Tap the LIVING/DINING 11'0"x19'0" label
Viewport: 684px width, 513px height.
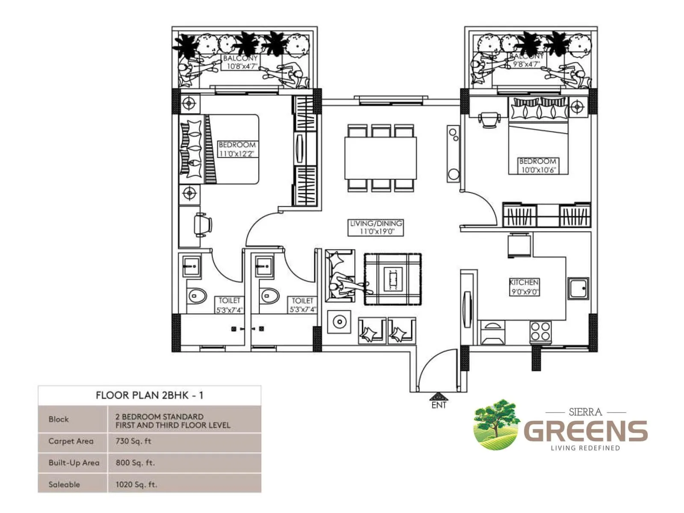376,227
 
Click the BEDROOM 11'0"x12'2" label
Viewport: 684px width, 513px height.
237,149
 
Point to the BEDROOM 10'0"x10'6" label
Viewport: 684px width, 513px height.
537,165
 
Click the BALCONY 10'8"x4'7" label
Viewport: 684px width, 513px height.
241,62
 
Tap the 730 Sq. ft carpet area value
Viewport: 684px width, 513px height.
133,441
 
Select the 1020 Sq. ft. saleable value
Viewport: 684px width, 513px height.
136,484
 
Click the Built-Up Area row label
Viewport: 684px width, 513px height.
74,463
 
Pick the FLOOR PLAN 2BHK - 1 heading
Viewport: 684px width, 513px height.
149,395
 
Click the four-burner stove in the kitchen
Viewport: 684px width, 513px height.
540,332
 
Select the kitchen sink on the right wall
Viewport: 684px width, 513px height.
578,288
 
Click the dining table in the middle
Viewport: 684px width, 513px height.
380,158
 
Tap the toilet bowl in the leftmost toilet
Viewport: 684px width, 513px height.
197,296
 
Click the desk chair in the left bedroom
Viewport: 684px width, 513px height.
202,224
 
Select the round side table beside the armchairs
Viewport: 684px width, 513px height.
339,322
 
